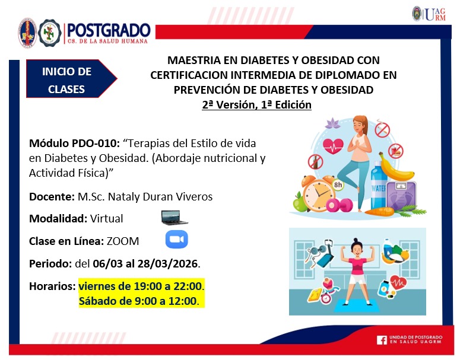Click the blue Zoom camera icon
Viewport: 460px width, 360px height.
tap(176, 240)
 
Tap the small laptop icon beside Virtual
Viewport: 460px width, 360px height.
tap(174, 218)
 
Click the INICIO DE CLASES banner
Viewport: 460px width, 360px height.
tap(67, 81)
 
